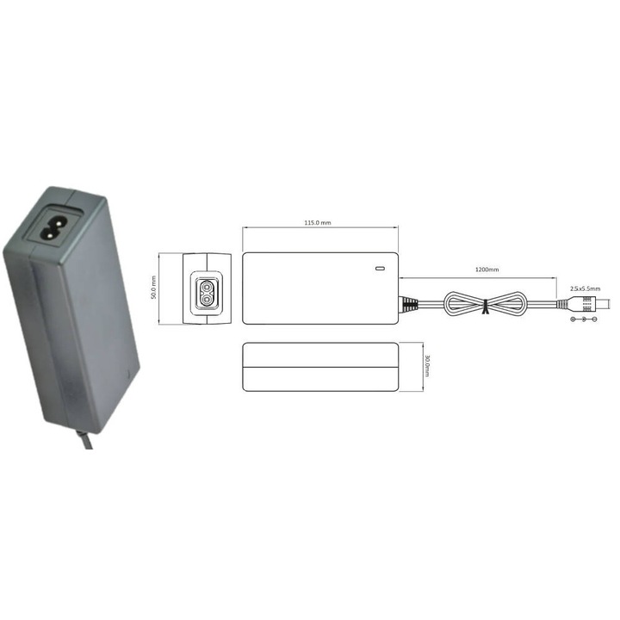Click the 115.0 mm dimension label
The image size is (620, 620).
319,222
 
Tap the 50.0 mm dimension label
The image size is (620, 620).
154,288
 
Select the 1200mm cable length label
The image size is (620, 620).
487,270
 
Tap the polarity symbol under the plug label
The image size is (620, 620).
585,319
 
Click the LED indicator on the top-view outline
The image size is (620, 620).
380,266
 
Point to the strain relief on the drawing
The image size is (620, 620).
408,303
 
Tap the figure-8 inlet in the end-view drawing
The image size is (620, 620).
208,288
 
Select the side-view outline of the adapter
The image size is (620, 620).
319,367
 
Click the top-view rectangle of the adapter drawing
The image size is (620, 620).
319,288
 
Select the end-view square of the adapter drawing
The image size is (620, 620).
208,288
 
